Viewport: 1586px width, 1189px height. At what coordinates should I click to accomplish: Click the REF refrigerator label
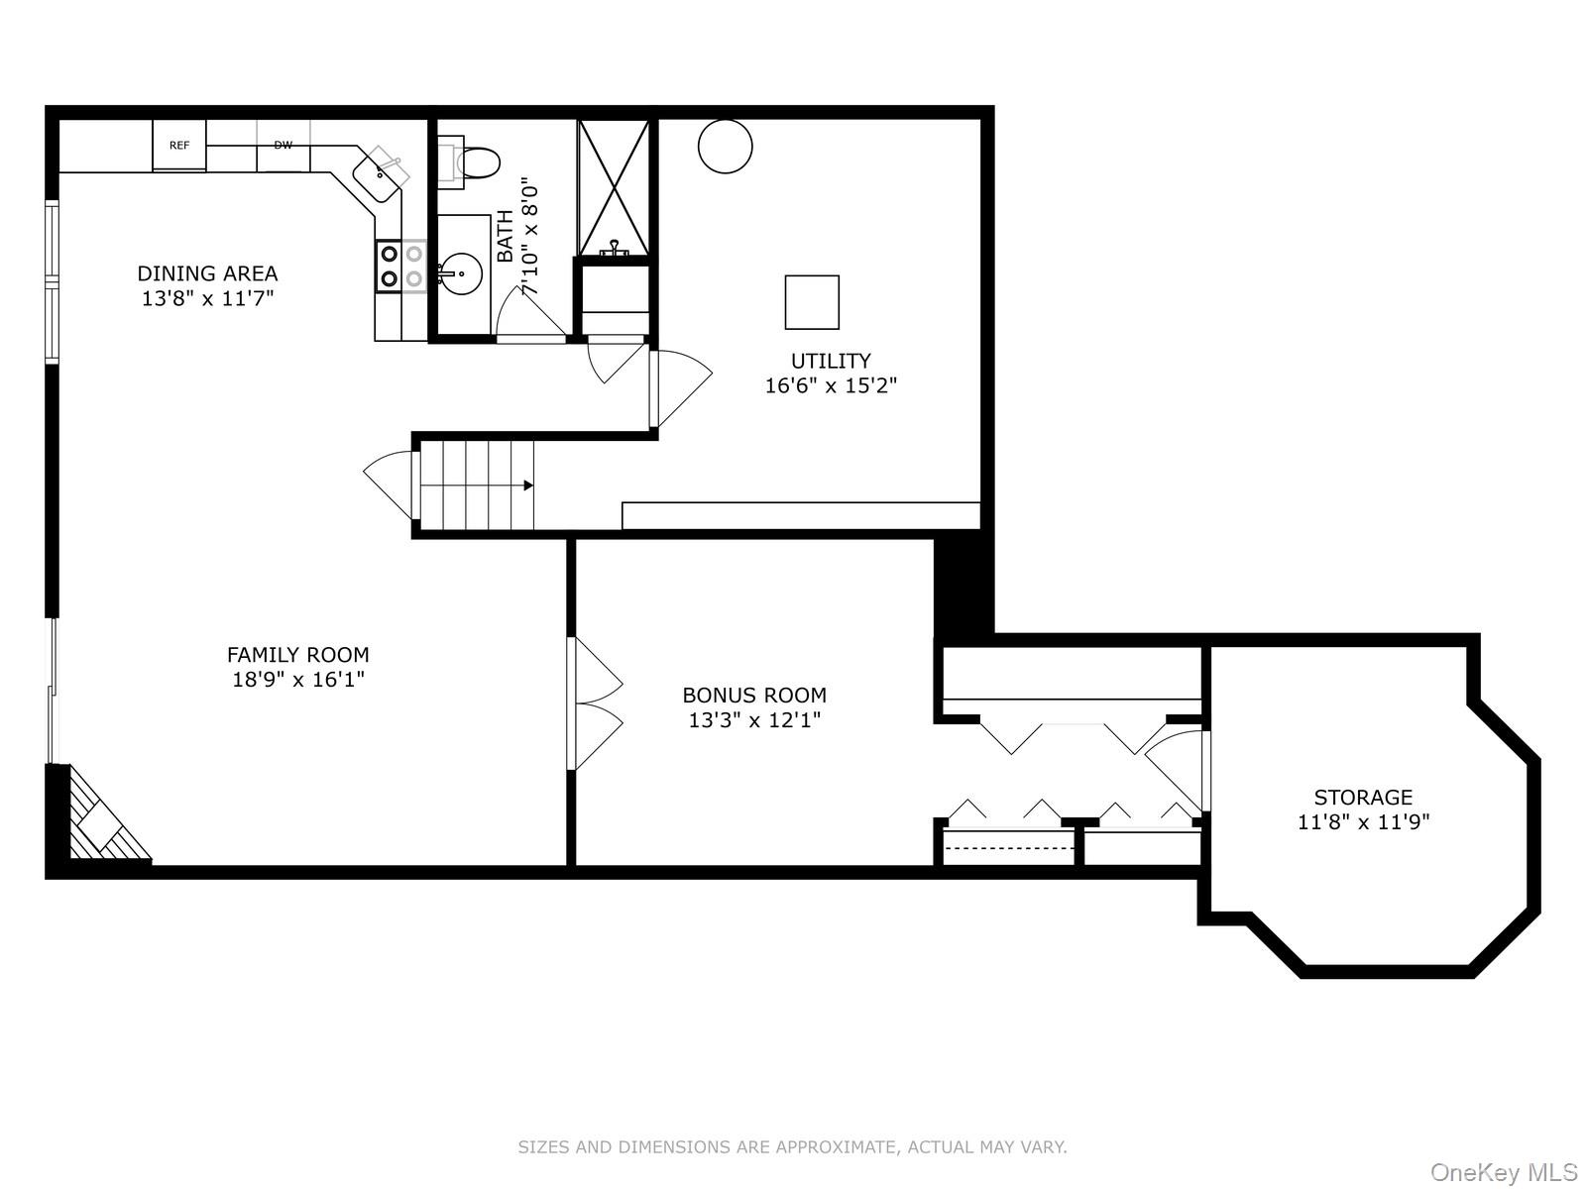[179, 146]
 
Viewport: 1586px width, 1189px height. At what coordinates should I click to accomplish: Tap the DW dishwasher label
[283, 146]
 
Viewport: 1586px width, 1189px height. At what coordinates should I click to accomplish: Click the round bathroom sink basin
[462, 272]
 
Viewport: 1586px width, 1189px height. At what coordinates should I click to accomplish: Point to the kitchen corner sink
[381, 175]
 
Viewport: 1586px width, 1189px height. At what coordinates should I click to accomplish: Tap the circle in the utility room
[725, 146]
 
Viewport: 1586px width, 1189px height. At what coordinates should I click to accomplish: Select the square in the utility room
[812, 302]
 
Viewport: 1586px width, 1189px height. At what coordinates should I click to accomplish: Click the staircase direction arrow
[527, 486]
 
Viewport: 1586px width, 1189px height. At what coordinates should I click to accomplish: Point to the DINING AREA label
[207, 273]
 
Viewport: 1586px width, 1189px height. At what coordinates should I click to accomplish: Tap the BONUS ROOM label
[754, 696]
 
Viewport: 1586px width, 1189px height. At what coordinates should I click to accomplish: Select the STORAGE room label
[1363, 797]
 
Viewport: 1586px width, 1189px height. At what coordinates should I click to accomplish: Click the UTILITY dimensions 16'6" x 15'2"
[831, 385]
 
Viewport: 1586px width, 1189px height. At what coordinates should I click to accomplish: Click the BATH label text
[506, 236]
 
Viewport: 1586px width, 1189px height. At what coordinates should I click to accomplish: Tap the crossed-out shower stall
[614, 187]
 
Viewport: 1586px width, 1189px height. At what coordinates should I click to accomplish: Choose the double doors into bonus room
[596, 703]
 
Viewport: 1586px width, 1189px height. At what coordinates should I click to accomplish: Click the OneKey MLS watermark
[1503, 1173]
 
